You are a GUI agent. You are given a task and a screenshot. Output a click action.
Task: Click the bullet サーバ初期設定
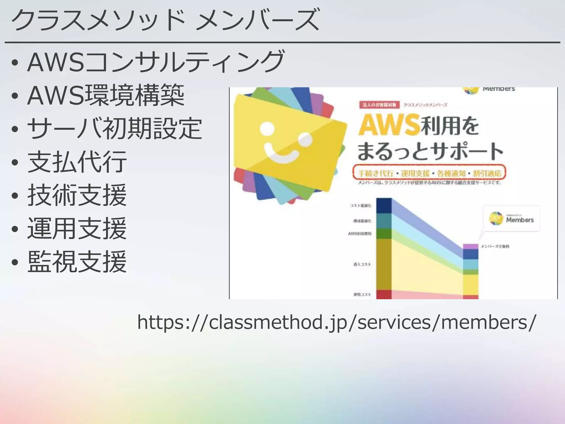[114, 128]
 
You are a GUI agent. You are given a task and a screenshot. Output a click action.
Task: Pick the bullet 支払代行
[77, 162]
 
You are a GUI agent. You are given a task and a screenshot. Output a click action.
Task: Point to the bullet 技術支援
[77, 195]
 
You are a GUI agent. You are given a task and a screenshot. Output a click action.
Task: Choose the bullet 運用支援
[77, 228]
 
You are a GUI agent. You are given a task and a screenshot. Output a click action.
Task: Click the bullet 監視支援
[77, 262]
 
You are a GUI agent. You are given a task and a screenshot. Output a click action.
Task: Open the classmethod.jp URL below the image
[337, 322]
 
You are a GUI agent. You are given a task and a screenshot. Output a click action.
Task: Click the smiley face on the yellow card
[286, 144]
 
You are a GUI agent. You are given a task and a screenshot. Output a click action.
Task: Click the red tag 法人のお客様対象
[379, 105]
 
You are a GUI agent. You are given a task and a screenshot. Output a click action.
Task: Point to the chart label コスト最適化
[361, 206]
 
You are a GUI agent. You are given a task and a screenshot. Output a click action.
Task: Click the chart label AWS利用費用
[360, 234]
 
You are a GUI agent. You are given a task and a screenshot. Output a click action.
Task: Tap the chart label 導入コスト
[362, 264]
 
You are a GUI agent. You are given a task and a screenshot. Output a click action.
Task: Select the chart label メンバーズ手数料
[495, 246]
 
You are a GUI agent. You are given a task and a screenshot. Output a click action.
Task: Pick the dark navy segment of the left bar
[384, 206]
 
